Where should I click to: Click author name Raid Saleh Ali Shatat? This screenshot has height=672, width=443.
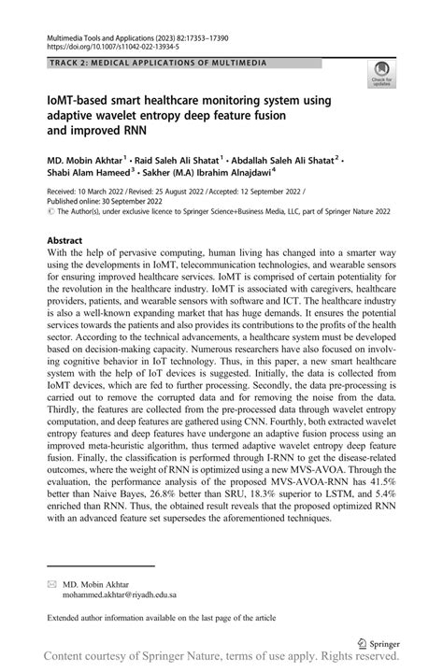tap(171, 160)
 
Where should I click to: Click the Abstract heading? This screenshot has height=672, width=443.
tap(70, 240)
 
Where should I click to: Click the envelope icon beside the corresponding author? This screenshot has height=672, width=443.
tap(52, 581)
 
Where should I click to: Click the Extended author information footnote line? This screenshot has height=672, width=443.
tap(164, 618)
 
